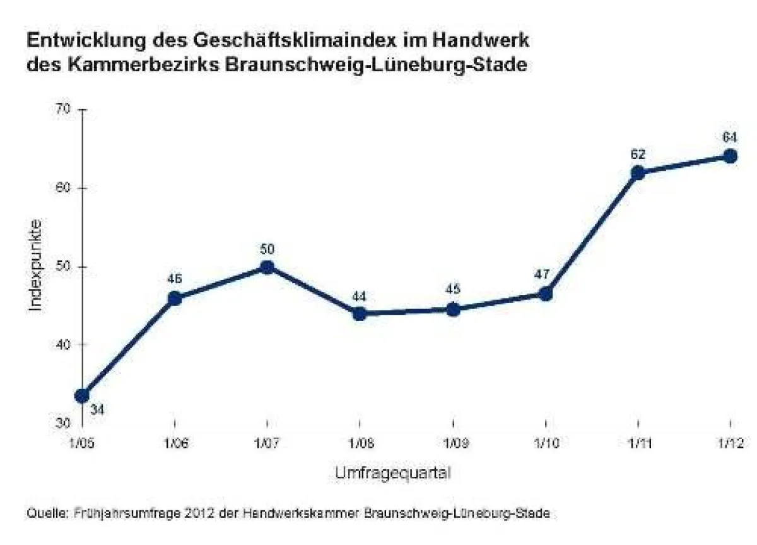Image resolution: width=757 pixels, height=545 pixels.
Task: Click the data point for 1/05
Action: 82,396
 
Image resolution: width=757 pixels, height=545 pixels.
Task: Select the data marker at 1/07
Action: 267,267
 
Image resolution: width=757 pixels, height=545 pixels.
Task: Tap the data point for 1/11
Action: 638,173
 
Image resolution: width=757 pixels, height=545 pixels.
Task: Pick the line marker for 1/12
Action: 731,156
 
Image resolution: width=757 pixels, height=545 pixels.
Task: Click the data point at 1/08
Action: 360,314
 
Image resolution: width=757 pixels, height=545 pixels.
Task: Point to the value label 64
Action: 731,137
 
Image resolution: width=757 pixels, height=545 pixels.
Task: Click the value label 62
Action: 638,153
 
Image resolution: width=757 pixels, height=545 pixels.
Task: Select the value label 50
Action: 267,249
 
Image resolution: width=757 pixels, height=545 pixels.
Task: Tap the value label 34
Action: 98,410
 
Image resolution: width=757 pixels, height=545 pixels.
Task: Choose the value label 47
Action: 545,274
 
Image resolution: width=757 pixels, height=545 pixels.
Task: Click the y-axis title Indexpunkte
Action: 37,265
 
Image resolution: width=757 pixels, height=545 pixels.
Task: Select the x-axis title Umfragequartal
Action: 392,472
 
